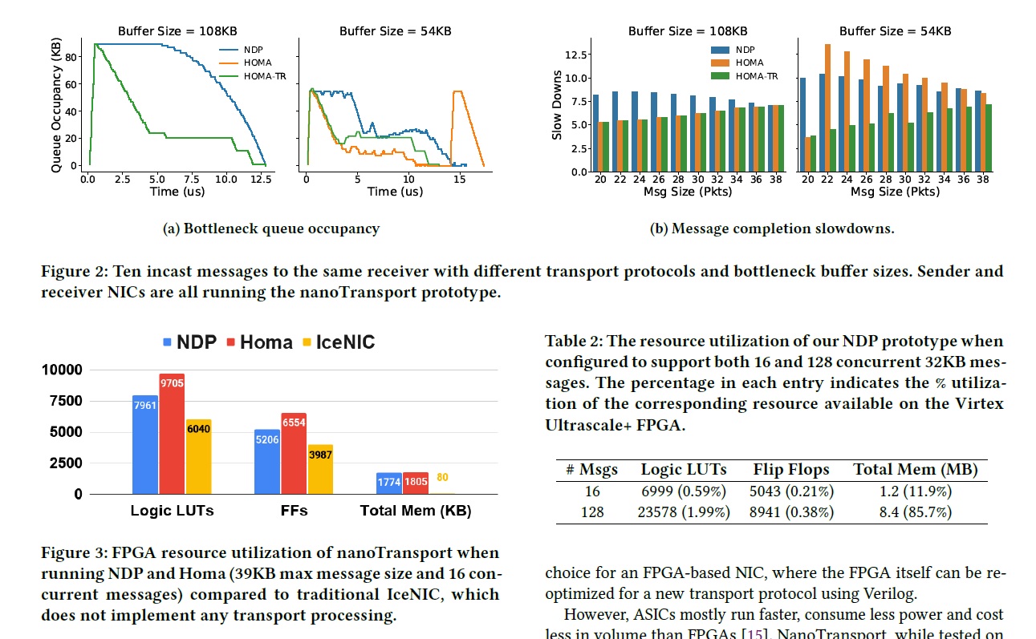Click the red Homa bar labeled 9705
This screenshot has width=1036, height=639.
coord(171,434)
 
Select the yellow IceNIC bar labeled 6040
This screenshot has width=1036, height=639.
coord(198,456)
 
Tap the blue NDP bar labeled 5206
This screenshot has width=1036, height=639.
coord(267,461)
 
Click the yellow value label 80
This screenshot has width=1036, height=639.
coord(442,478)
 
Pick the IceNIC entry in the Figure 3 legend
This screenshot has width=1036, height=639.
coord(337,342)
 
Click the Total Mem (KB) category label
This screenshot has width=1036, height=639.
coord(415,511)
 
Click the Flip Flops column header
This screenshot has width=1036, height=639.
coord(790,470)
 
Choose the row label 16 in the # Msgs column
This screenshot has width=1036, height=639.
coord(591,491)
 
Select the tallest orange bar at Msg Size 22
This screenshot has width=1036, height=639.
coord(827,107)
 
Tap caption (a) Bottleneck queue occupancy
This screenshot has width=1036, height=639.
coord(271,229)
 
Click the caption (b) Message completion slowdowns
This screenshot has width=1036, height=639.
coord(771,229)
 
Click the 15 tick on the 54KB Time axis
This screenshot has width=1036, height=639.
coord(459,179)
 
